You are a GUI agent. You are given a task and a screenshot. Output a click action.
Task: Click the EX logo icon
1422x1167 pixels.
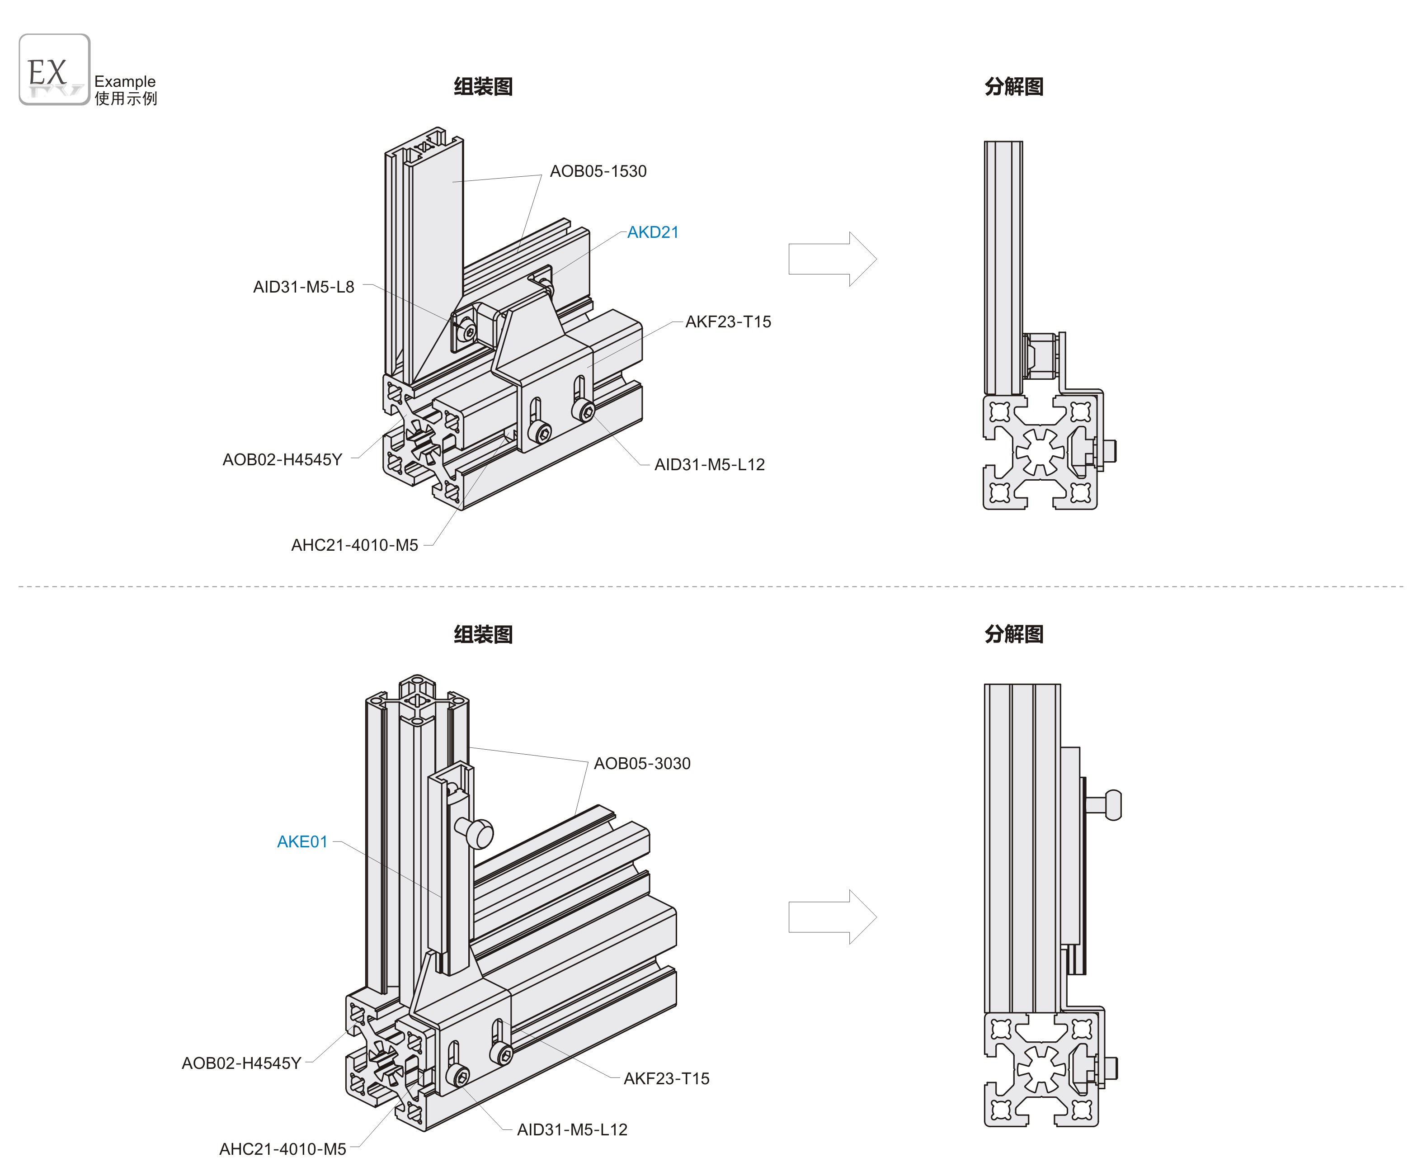click(54, 69)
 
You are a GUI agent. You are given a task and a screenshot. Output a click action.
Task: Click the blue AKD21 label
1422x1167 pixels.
click(653, 232)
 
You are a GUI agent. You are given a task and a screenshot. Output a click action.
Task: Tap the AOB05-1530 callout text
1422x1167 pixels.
click(598, 171)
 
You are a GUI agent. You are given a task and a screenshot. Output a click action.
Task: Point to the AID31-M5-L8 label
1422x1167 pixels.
click(303, 287)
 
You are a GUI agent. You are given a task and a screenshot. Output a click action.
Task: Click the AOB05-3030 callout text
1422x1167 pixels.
click(642, 764)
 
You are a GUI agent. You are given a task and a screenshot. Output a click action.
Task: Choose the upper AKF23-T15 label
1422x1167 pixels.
click(728, 322)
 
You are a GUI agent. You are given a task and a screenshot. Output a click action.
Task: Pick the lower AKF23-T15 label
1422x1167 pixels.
click(666, 1078)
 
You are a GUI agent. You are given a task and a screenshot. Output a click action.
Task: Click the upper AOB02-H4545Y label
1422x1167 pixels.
click(282, 460)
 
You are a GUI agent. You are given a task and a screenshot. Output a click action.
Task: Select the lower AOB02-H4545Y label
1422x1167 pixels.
click(241, 1063)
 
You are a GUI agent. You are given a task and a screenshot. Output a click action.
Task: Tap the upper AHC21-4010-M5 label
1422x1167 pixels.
click(354, 545)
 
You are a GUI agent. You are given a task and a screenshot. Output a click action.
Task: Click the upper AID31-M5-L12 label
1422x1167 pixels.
click(709, 464)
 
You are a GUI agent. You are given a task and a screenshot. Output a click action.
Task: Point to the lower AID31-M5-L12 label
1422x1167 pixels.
click(572, 1129)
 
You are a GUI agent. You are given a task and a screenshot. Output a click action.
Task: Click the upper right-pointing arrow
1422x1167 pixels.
click(832, 259)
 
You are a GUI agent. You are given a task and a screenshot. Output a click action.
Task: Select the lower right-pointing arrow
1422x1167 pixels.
click(832, 917)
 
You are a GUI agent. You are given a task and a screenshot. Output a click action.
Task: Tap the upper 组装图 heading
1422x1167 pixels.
click(483, 87)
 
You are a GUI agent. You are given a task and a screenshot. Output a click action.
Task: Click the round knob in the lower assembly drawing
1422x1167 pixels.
click(479, 834)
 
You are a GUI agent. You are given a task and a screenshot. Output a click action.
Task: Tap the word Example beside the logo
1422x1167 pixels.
click(125, 81)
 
